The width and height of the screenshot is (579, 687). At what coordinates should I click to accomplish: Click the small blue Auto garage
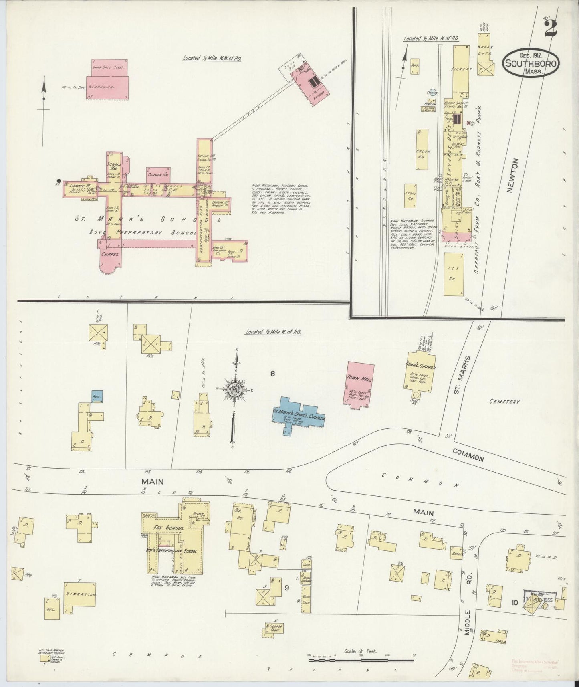pyautogui.click(x=97, y=396)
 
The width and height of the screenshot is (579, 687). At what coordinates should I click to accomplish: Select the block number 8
pyautogui.click(x=272, y=374)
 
